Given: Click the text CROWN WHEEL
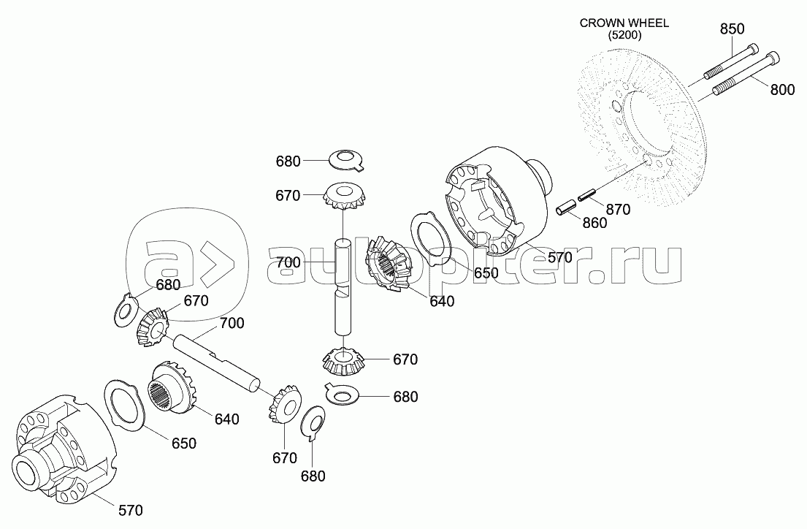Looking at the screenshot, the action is (624, 23).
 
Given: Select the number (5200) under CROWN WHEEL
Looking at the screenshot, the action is (624, 36).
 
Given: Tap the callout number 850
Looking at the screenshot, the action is (732, 28).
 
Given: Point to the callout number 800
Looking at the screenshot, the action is (782, 90).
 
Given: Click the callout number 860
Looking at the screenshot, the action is (594, 223).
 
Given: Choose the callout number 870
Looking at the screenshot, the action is (618, 209).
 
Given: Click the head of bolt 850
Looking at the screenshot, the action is (752, 50).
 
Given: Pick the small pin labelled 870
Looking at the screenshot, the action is (586, 194).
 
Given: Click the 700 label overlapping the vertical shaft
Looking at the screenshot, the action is (288, 263).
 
